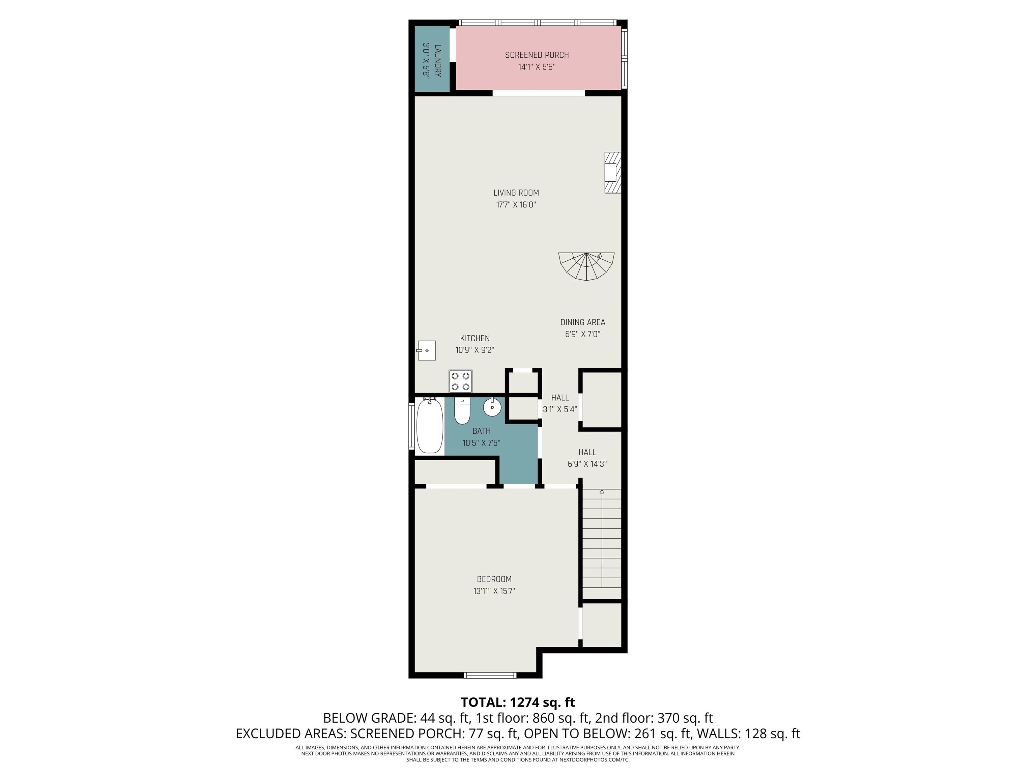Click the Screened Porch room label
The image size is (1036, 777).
coord(537,55)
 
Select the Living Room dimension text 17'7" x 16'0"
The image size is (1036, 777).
coord(516,205)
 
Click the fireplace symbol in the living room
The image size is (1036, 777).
coord(613,172)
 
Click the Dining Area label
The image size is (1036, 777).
coord(583,322)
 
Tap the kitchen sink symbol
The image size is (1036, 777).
coord(426,350)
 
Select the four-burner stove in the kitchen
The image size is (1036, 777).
coord(460,381)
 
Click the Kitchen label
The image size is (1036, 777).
coord(475,338)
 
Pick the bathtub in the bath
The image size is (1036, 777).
coord(430,426)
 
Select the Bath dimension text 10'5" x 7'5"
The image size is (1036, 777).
coord(482,442)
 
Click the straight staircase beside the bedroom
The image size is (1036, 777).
coord(602,539)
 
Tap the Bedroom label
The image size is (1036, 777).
coord(494,579)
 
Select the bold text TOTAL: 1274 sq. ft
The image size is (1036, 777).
coord(518,702)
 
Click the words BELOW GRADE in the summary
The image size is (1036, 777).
coord(368,718)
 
